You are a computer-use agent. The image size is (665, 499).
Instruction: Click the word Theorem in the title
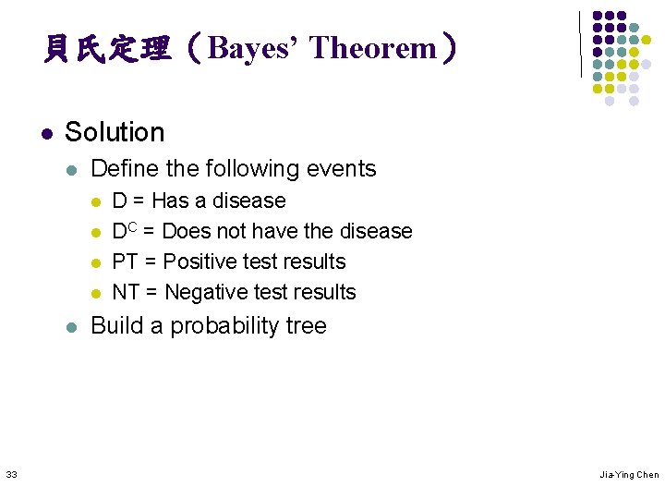tap(372, 48)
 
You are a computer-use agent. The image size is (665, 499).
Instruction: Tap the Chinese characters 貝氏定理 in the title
tap(107, 48)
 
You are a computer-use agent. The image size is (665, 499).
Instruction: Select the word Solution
tap(115, 132)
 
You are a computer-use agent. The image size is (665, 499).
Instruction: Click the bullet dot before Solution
tap(46, 133)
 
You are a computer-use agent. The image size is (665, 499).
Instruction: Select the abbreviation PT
tap(125, 262)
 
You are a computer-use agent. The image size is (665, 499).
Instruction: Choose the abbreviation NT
tap(126, 292)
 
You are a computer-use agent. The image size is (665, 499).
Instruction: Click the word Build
tap(115, 326)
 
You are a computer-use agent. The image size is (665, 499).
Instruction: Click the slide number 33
tap(11, 474)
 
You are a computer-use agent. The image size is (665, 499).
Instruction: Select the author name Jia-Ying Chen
tap(629, 474)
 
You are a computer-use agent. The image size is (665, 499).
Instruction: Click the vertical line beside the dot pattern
tap(581, 43)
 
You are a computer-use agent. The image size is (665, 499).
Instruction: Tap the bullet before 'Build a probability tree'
tap(73, 327)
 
